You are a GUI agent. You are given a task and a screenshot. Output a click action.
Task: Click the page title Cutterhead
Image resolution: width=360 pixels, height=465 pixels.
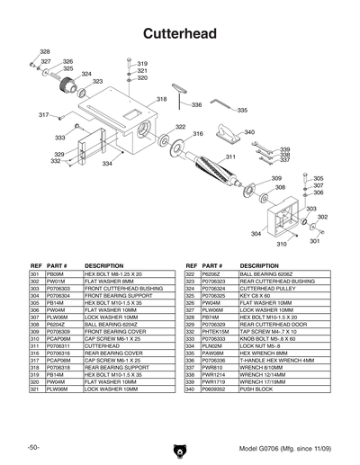[x=180, y=33]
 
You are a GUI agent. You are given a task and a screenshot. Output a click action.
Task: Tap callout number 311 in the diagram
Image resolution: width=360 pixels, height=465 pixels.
[x=230, y=157]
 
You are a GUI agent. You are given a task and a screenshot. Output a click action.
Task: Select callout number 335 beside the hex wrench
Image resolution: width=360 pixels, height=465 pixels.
[x=242, y=110]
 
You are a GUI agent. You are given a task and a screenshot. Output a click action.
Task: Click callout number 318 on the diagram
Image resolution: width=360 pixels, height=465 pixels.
[x=162, y=99]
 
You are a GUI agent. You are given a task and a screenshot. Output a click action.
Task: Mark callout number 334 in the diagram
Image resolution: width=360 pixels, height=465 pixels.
[x=107, y=164]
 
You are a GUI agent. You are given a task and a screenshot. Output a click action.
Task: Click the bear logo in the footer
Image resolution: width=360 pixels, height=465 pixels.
[x=179, y=447]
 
